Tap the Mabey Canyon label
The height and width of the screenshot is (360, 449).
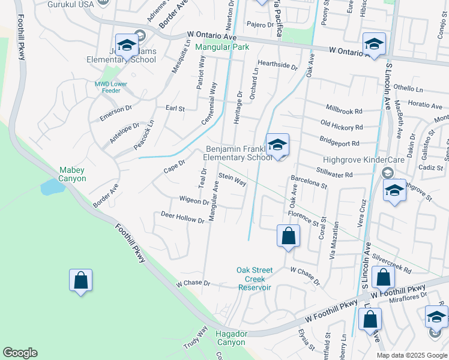coord(72,174)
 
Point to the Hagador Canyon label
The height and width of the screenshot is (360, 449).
coord(231,338)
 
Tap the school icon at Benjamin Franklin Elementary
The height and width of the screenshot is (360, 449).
coord(277,145)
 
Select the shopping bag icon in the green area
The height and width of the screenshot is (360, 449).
coord(80,280)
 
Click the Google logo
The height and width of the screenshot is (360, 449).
coord(20,353)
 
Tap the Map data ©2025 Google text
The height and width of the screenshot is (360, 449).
coord(412,355)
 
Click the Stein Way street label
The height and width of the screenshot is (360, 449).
coord(233,179)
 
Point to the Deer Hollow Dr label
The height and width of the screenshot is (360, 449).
coord(182,217)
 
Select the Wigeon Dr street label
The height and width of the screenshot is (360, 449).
coord(193,200)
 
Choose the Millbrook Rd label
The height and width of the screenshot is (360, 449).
coord(344,111)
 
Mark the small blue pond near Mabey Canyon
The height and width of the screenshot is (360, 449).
coord(52,187)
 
